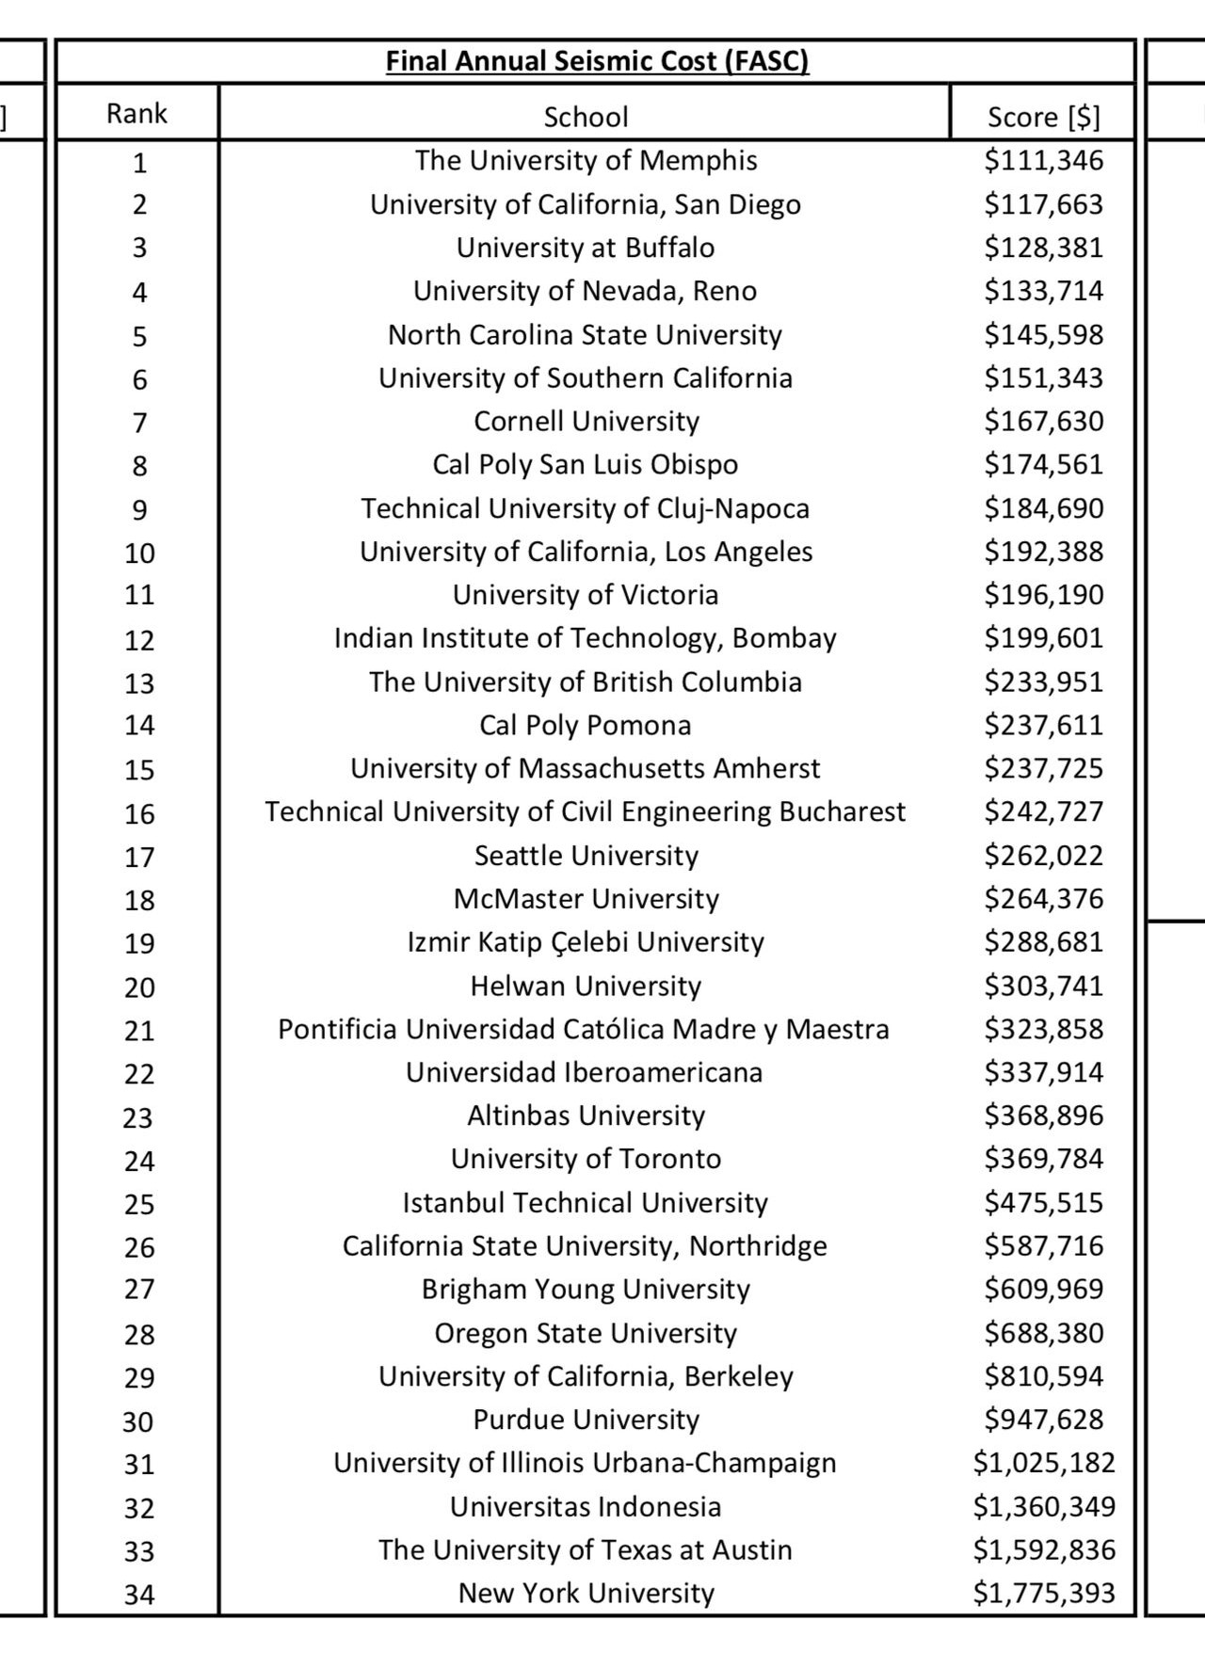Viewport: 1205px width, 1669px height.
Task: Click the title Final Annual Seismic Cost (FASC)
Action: (x=597, y=62)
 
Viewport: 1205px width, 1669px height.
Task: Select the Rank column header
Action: (x=137, y=114)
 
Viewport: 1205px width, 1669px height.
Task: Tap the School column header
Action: (x=586, y=117)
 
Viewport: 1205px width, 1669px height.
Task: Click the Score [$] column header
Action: (x=1043, y=117)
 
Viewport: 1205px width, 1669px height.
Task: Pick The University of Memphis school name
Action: (x=586, y=161)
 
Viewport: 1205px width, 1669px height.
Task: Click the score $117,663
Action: (x=1043, y=204)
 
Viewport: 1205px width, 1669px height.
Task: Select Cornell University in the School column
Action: (x=586, y=422)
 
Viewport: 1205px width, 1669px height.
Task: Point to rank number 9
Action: (x=139, y=510)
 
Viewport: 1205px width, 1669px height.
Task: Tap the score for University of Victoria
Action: (x=1043, y=595)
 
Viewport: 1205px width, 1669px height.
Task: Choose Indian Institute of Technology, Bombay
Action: (x=586, y=638)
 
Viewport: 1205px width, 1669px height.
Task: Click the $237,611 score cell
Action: (x=1043, y=726)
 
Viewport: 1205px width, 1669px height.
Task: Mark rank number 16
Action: (x=139, y=814)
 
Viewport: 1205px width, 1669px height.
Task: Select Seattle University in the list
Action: (x=586, y=856)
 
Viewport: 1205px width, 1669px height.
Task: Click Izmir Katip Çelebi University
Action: (x=586, y=942)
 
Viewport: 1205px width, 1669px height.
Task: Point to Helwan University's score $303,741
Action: (x=1043, y=987)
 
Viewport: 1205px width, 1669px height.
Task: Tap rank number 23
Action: (x=138, y=1118)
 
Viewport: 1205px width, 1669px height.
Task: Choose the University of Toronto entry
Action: (x=586, y=1159)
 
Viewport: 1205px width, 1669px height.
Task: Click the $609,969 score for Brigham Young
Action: (x=1043, y=1289)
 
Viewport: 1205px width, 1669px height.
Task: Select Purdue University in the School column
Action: (x=586, y=1420)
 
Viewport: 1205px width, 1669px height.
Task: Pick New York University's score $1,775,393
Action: (x=1043, y=1593)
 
